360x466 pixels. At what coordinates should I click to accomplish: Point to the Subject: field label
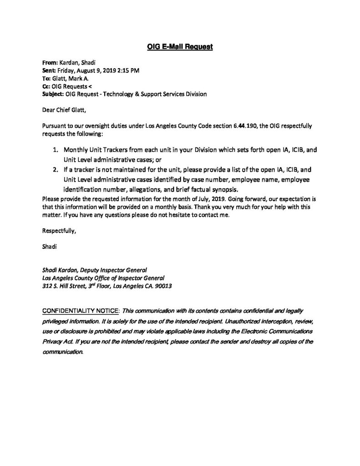pyautogui.click(x=54, y=94)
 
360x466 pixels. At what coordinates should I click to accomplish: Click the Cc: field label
pyautogui.click(x=46, y=86)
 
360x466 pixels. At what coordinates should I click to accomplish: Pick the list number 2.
pyautogui.click(x=56, y=169)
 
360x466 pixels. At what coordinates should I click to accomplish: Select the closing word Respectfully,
pyautogui.click(x=59, y=231)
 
